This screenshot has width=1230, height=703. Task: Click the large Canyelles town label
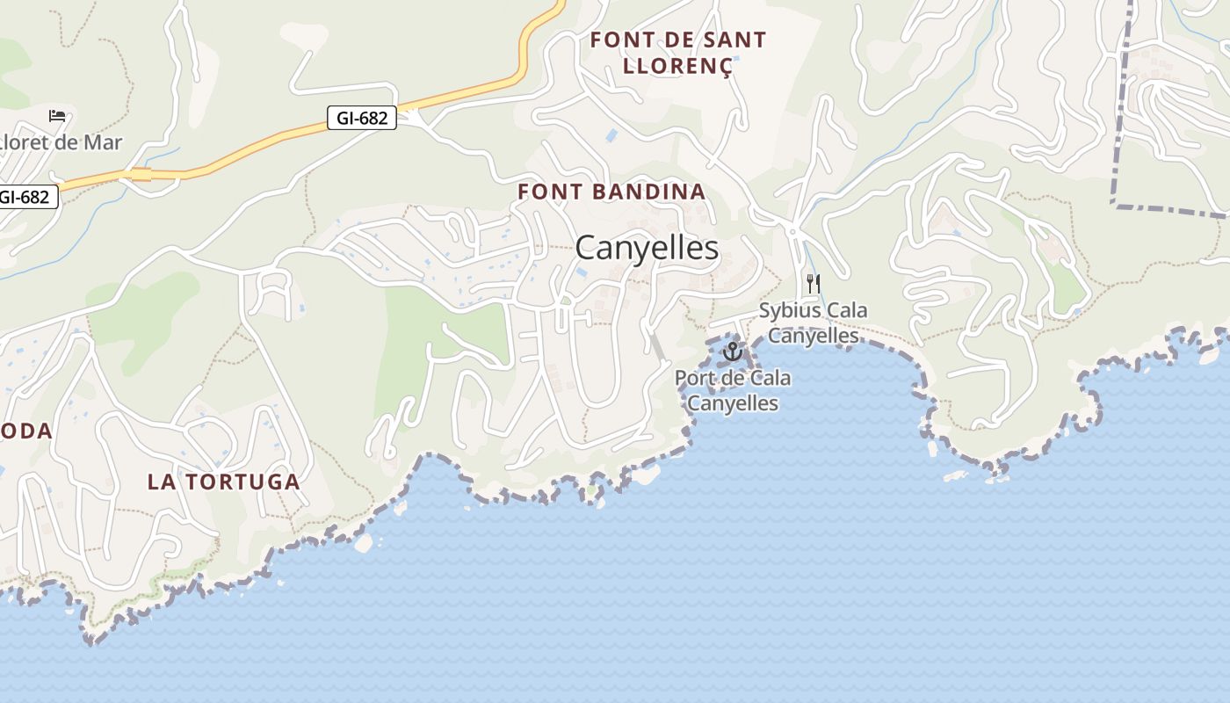[647, 249]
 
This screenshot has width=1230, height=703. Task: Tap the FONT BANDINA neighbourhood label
[611, 192]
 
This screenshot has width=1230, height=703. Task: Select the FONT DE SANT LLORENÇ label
[677, 53]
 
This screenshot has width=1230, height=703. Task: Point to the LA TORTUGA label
[224, 482]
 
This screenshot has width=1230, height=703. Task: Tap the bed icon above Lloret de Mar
[57, 116]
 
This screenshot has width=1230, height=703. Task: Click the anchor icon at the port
[732, 352]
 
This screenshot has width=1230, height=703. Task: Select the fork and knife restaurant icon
[813, 284]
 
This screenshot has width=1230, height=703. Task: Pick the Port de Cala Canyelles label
[732, 391]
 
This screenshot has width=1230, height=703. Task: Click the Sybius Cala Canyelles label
[813, 323]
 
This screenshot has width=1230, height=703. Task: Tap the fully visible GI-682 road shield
[362, 118]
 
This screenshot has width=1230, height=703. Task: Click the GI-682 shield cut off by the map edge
[26, 197]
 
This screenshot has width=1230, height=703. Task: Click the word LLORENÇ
[677, 66]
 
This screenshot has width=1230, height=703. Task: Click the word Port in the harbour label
[692, 379]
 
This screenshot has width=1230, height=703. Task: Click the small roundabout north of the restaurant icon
[792, 231]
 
